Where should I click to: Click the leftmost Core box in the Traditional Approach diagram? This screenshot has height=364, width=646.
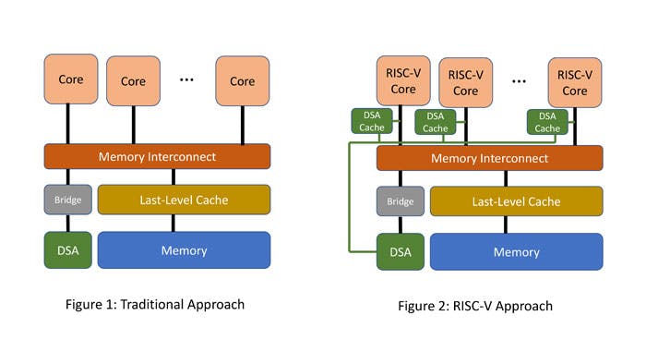click(70, 79)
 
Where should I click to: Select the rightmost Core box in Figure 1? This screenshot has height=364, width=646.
click(242, 81)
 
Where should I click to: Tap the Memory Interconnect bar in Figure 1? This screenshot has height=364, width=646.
click(157, 156)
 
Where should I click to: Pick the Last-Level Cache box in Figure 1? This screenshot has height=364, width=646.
click(184, 200)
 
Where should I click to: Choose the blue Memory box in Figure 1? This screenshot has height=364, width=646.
click(184, 250)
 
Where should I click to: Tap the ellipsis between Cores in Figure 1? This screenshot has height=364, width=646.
click(187, 80)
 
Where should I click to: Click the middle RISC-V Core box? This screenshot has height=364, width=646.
click(465, 82)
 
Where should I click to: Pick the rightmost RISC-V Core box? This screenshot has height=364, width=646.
click(574, 82)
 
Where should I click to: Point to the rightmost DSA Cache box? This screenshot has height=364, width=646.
click(548, 122)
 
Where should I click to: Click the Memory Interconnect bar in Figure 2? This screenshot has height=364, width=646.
click(489, 158)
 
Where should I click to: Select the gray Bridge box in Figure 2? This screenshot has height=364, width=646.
click(400, 201)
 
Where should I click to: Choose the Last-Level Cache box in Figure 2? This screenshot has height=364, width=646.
click(516, 201)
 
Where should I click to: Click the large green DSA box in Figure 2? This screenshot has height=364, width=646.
click(400, 251)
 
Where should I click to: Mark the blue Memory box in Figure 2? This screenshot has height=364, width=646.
click(516, 251)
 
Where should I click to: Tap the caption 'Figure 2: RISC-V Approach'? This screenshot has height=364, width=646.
click(487, 306)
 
